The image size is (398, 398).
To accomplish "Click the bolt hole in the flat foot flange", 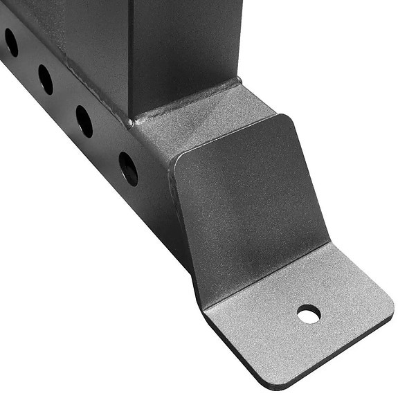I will point(309,315).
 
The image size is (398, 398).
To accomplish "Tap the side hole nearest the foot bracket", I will point(128,168).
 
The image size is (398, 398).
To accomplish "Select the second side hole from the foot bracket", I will point(84,122).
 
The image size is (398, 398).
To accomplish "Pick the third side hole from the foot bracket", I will point(46,80).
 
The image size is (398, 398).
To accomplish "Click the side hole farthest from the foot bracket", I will point(11,42).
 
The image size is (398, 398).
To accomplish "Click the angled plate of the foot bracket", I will point(249,201).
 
